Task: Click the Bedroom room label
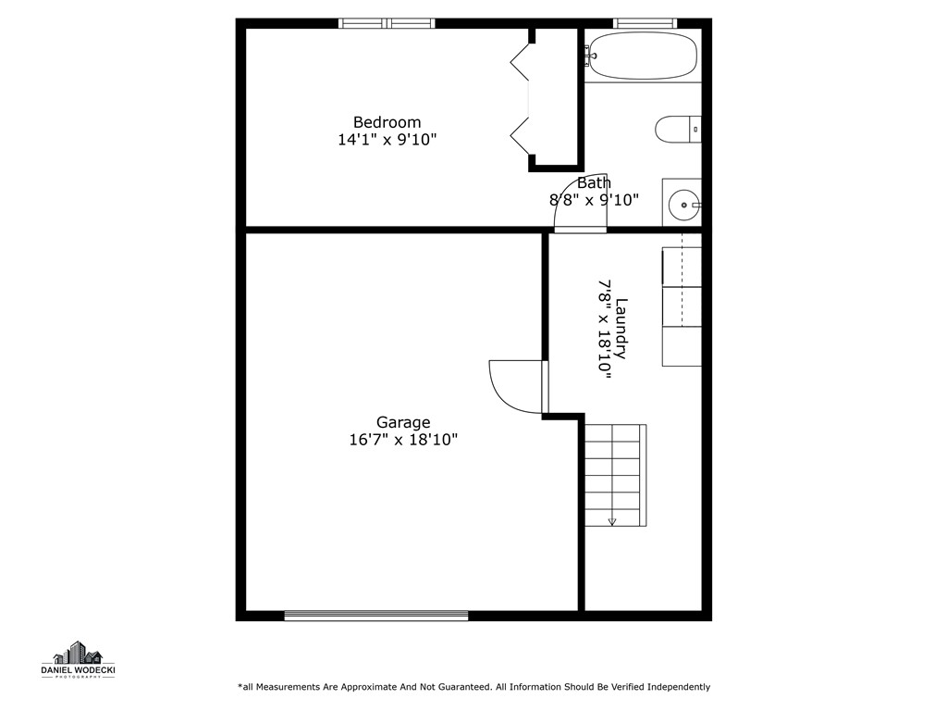coord(387,122)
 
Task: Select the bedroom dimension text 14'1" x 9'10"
coord(387,140)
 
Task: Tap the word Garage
coord(402,423)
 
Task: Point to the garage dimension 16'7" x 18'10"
coord(402,441)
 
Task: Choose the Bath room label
coord(594,183)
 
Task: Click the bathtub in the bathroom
coord(643,56)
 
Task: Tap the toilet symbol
coord(677,129)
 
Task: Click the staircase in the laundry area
coord(614,474)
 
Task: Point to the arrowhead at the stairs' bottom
coord(612,522)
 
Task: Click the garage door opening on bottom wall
coord(375,615)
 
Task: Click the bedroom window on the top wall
coord(387,23)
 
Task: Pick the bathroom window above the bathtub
coord(645,23)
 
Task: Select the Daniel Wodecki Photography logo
coord(78,660)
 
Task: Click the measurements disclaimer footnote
coord(473,687)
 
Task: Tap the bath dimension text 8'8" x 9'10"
coord(594,200)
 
